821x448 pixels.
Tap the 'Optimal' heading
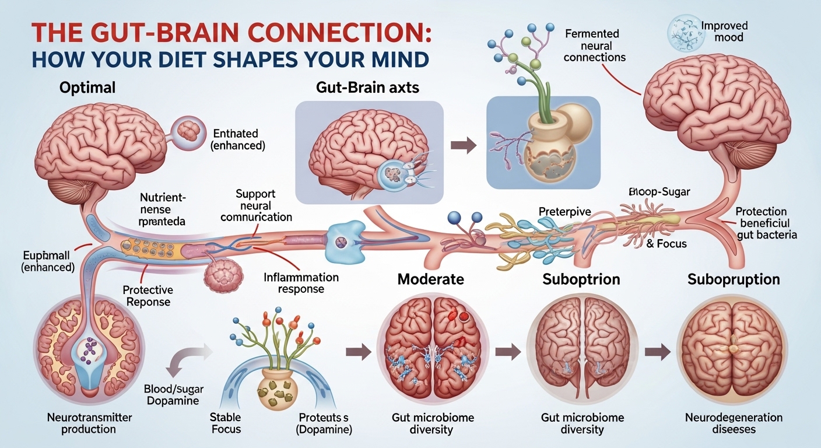[87, 88]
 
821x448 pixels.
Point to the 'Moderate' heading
[430, 279]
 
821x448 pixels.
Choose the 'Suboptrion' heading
[581, 279]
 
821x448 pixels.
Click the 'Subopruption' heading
[734, 279]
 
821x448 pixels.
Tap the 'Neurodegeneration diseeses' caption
[734, 423]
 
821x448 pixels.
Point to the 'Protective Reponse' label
[146, 296]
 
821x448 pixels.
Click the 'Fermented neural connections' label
[595, 45]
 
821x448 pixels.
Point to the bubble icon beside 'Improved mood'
[684, 27]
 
